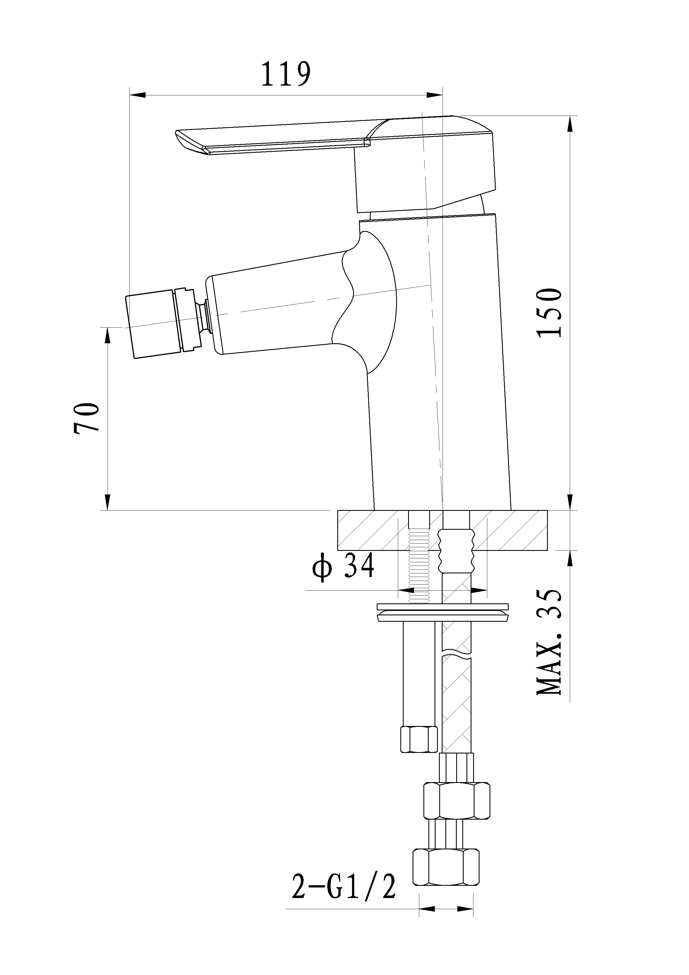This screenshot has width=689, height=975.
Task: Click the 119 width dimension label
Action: (285, 74)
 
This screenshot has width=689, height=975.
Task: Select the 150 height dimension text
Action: (550, 313)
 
